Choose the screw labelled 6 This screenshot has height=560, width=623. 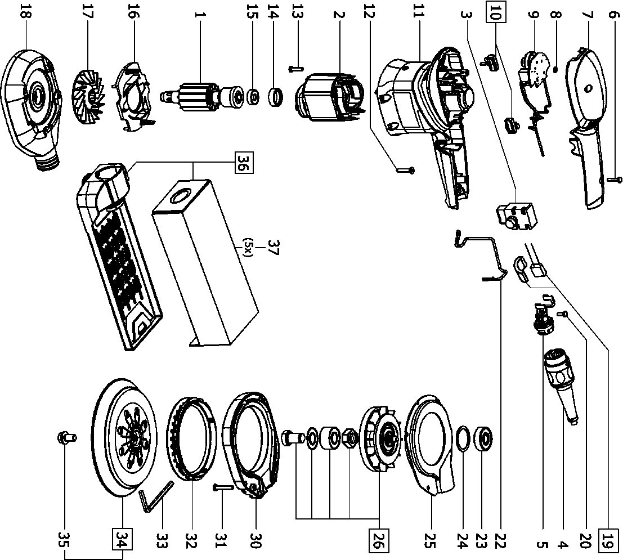pyautogui.click(x=615, y=179)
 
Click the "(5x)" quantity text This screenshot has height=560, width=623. pyautogui.click(x=248, y=247)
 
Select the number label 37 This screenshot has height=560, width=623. pyautogui.click(x=274, y=247)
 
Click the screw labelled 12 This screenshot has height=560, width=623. pyautogui.click(x=406, y=169)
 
